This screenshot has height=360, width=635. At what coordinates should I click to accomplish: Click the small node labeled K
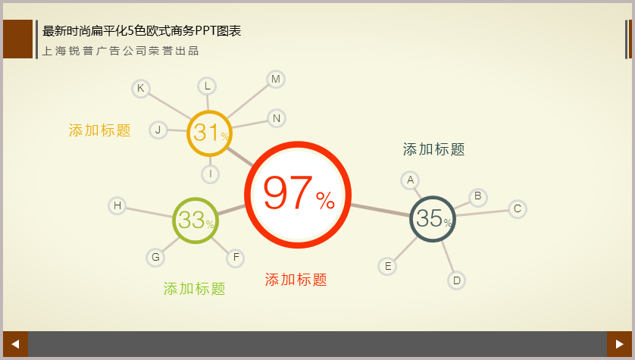[x=141, y=88]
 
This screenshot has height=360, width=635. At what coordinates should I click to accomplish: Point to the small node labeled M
[x=276, y=80]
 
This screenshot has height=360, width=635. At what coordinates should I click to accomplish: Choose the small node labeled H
[x=117, y=205]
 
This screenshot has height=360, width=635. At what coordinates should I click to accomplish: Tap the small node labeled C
[x=517, y=209]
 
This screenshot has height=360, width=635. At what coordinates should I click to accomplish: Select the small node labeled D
[x=456, y=280]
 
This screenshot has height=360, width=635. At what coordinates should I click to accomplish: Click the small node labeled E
[x=387, y=267]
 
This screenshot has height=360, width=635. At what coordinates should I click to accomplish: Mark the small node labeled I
[x=211, y=174]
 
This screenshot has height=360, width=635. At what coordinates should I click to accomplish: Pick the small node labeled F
[x=236, y=258]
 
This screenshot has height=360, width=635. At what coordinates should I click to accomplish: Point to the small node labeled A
[x=410, y=180]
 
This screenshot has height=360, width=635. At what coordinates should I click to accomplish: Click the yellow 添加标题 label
[x=99, y=130]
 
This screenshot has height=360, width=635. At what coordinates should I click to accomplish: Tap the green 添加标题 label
[x=195, y=289]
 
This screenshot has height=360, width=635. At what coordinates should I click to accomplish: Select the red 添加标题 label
[x=296, y=280]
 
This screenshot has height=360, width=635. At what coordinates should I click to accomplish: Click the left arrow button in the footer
[x=15, y=344]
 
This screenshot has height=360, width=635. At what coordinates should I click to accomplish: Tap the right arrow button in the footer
[x=619, y=344]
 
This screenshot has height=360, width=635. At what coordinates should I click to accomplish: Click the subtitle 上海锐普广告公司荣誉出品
[x=120, y=51]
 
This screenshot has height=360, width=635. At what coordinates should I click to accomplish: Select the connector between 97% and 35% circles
[x=380, y=210]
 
